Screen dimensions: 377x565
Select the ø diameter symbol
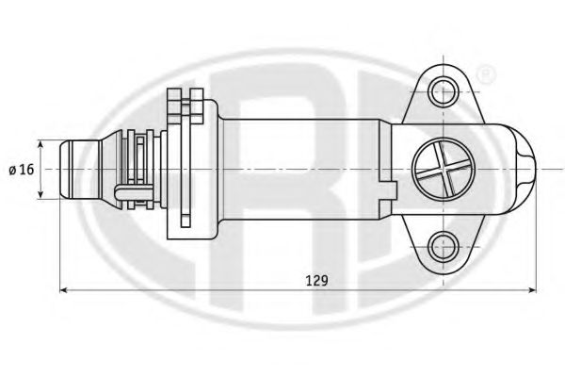[11, 170]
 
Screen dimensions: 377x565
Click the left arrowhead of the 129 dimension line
[65, 290]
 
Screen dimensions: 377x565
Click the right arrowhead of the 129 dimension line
[533, 290]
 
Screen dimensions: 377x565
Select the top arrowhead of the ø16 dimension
[41, 144]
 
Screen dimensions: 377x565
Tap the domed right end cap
[523, 170]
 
